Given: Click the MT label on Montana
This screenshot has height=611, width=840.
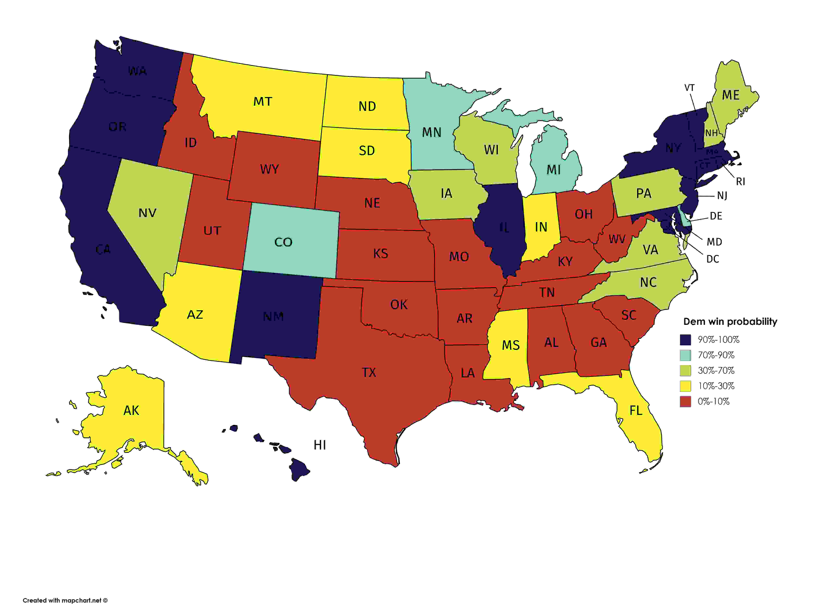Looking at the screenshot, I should [263, 102].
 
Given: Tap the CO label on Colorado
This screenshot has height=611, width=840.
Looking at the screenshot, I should [283, 242].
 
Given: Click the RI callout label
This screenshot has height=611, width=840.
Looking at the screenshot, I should [740, 182].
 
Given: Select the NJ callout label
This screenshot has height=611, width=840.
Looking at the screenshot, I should [722, 196].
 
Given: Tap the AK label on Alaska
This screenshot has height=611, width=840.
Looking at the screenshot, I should [131, 411].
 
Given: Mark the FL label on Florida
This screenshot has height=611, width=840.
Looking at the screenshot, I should [636, 411].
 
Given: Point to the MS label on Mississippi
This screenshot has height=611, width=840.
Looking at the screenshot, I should [511, 345].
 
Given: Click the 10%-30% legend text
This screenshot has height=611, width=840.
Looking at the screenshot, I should [716, 386].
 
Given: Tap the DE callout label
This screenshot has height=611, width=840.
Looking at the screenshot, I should [716, 216].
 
